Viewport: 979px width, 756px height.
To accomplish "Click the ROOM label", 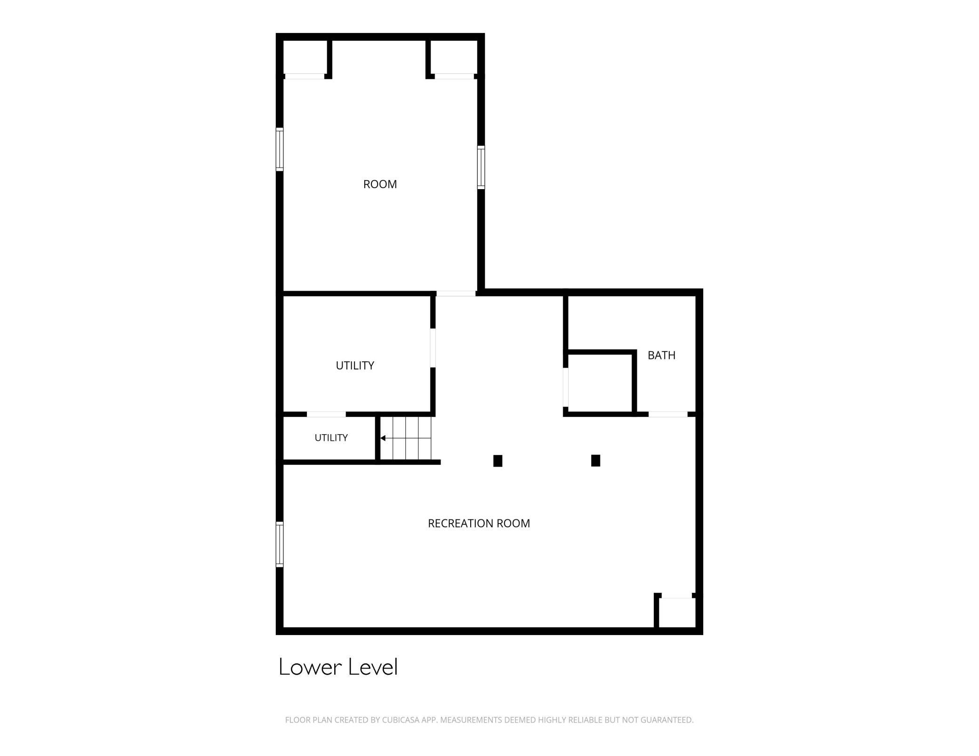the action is click(x=380, y=184).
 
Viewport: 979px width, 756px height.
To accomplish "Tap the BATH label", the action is click(x=661, y=355).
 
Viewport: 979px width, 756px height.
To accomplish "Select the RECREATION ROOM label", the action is click(x=479, y=523).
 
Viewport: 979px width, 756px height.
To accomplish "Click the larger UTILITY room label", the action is click(x=355, y=366).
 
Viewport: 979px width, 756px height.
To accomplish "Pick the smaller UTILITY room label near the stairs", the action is click(x=331, y=438).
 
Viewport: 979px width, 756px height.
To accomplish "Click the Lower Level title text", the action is click(x=338, y=667).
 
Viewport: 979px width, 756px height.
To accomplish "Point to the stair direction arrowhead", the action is click(x=383, y=438).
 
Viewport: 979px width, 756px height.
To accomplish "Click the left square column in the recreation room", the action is click(x=498, y=461).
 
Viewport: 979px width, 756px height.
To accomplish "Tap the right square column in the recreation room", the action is click(x=595, y=461).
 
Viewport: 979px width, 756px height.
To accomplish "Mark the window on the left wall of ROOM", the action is click(x=280, y=149).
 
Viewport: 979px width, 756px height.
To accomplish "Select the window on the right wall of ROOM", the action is click(x=481, y=167).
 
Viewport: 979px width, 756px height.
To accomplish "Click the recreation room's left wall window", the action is click(x=280, y=544).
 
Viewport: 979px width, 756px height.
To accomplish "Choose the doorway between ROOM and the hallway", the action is click(x=456, y=294).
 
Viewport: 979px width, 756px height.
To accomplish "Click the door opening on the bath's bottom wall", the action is click(x=668, y=414).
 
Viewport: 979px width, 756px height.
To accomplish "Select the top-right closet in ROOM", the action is click(x=454, y=57).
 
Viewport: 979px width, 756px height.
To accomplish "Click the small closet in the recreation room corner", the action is click(x=677, y=613).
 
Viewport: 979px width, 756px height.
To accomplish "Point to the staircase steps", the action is click(x=406, y=438).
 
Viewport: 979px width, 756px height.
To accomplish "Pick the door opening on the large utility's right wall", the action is click(x=433, y=348).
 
